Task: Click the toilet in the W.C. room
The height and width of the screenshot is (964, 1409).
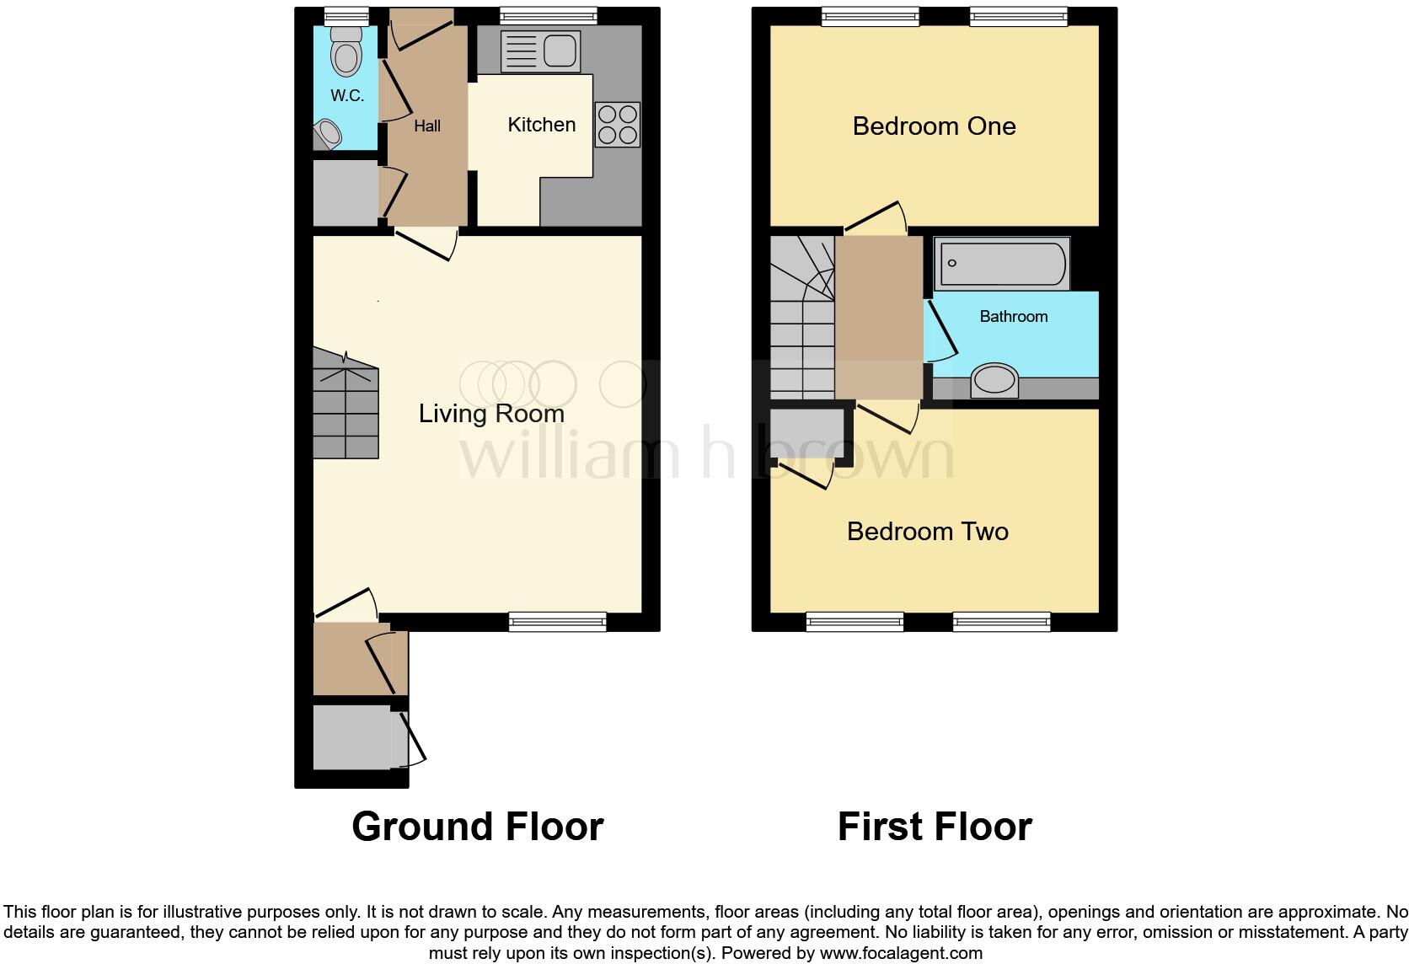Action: click(x=346, y=51)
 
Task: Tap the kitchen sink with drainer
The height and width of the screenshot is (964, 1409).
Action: click(x=540, y=51)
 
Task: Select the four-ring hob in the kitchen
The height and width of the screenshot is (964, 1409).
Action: click(x=618, y=124)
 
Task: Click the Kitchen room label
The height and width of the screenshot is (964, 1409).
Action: click(x=541, y=125)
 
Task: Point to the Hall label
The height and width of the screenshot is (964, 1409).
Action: click(x=427, y=126)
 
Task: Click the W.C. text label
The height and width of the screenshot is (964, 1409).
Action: click(x=347, y=96)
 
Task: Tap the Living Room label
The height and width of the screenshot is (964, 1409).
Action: click(x=491, y=414)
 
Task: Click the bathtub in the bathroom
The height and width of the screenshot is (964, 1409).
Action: click(x=1001, y=263)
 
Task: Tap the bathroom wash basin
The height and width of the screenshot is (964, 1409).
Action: click(x=994, y=380)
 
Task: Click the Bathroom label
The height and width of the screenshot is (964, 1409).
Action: click(x=1013, y=317)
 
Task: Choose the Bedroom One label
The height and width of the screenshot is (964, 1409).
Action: click(x=934, y=126)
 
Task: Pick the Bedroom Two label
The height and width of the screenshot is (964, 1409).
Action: click(x=927, y=532)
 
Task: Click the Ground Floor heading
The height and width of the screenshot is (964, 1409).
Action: click(x=477, y=827)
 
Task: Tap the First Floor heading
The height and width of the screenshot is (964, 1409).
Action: click(x=934, y=827)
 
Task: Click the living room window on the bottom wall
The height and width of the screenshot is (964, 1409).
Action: click(x=557, y=622)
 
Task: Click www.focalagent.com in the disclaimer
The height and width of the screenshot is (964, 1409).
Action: click(x=901, y=954)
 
